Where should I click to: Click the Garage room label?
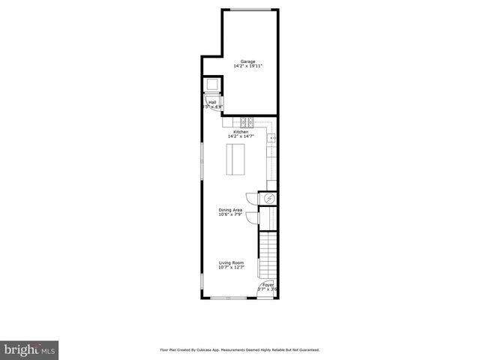pyautogui.click(x=247, y=61)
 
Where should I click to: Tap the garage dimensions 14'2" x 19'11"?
pyautogui.click(x=247, y=66)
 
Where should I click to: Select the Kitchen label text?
pyautogui.click(x=240, y=131)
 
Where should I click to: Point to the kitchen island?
pyautogui.click(x=235, y=159)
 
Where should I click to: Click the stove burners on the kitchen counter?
pyautogui.click(x=247, y=121)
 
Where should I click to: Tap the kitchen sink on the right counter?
pyautogui.click(x=273, y=138)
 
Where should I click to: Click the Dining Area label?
pyautogui.click(x=230, y=210)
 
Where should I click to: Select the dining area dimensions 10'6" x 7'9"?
pyautogui.click(x=230, y=215)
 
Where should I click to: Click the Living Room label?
pyautogui.click(x=231, y=262)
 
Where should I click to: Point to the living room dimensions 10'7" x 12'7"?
pyautogui.click(x=231, y=268)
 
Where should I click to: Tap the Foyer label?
pyautogui.click(x=268, y=285)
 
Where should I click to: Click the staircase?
pyautogui.click(x=268, y=255)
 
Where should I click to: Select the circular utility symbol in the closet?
pyautogui.click(x=271, y=198)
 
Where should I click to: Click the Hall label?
pyautogui.click(x=212, y=102)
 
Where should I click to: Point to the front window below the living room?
pyautogui.click(x=230, y=298)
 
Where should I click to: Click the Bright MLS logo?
pyautogui.click(x=29, y=349)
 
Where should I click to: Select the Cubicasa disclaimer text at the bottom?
pyautogui.click(x=239, y=349)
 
